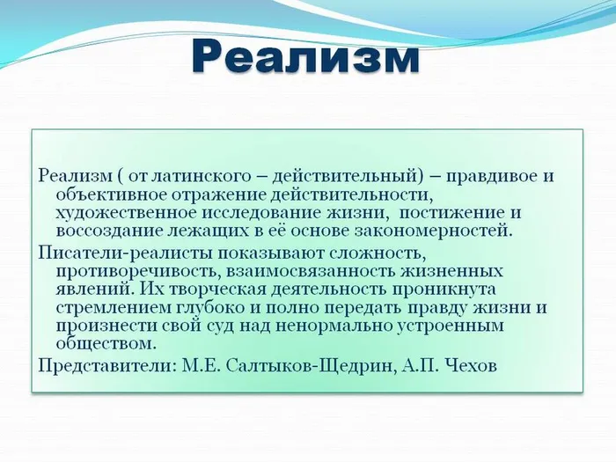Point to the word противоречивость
[x=127, y=271]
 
